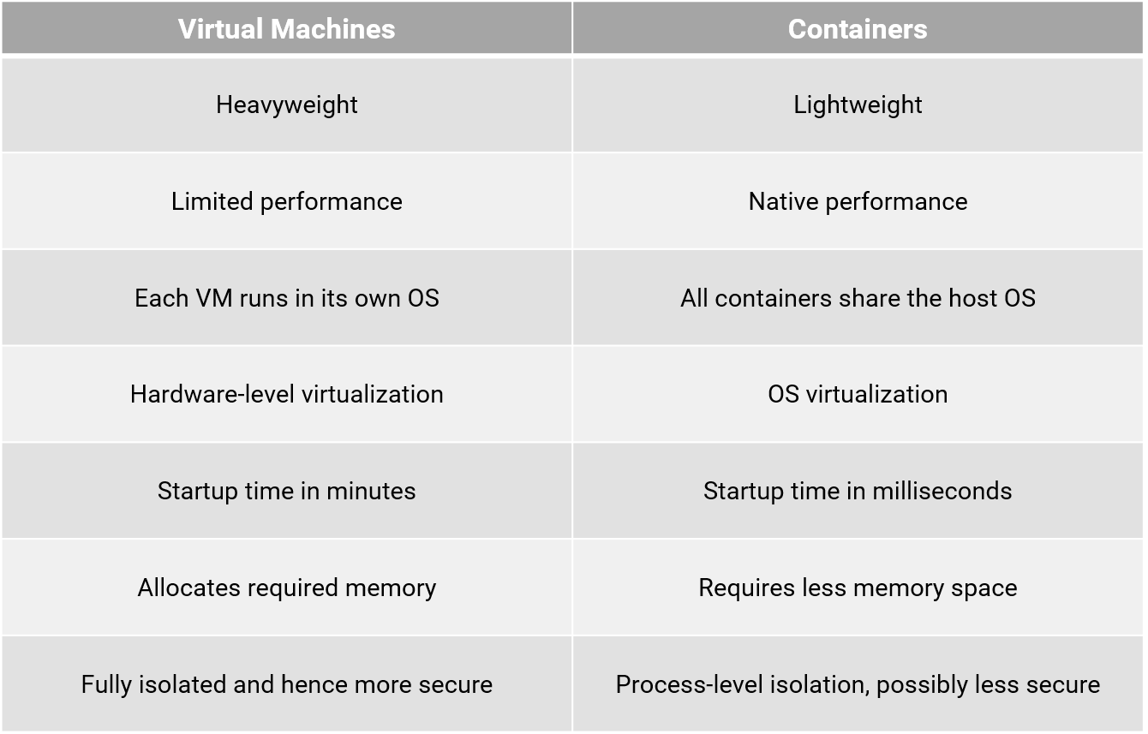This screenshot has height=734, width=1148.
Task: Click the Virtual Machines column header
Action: tap(286, 29)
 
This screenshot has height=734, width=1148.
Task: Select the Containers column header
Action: tap(858, 29)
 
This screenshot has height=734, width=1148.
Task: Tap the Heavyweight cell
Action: tap(286, 104)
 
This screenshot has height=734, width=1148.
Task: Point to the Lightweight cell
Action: tap(858, 104)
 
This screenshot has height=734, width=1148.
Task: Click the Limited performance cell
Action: tap(286, 201)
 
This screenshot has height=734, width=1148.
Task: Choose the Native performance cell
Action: tap(858, 201)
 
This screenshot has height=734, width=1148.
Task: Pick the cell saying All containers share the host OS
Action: tap(858, 298)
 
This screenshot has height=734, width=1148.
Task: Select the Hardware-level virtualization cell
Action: tap(286, 394)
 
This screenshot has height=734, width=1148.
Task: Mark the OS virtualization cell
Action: tap(858, 394)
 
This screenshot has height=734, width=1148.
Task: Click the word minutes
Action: tap(376, 491)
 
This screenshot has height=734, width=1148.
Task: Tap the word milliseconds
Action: tap(942, 491)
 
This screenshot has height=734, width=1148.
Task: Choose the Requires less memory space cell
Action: tap(858, 588)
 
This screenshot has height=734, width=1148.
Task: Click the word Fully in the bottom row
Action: tap(104, 684)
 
